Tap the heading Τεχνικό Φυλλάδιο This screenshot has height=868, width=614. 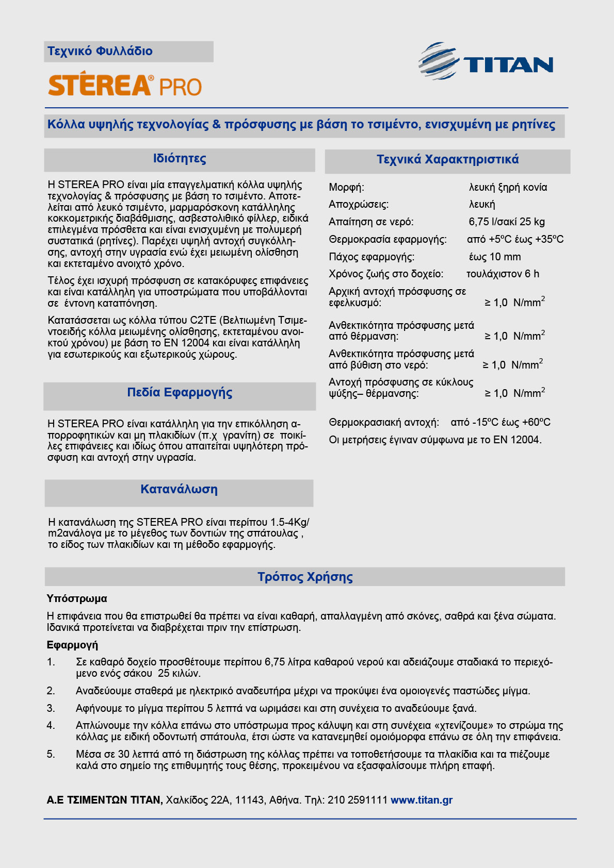pos(100,51)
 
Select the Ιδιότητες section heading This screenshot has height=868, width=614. pos(180,159)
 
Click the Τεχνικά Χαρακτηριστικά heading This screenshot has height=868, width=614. pos(447,159)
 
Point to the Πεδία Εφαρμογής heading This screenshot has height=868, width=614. pos(180,393)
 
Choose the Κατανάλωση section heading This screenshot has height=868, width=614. pos(179,490)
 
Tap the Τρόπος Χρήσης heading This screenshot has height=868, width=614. pos(305,577)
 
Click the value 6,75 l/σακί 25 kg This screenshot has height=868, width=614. pos(507,222)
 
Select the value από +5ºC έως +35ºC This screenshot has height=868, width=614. pos(515,239)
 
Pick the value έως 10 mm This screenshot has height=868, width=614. pos(495,257)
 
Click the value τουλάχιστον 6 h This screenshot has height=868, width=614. pos(503,274)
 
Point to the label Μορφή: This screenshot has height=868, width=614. pos(346,187)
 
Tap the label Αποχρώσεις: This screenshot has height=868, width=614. pos(359,204)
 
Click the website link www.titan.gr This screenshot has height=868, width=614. pos(422,800)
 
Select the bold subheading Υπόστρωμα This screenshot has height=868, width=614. pos(77,598)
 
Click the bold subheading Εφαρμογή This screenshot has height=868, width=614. pos(72,645)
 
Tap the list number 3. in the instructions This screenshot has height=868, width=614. pos(51,708)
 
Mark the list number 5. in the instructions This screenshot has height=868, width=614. pos(51,754)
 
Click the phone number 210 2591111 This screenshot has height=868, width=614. pos(357,800)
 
